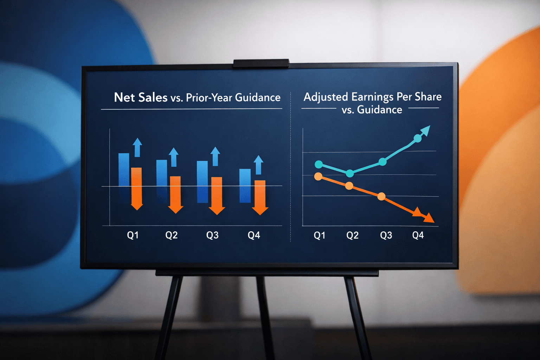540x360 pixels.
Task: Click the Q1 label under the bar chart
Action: [133, 235]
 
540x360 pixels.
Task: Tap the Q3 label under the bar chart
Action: [212, 235]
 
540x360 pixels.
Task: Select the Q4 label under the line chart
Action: [418, 235]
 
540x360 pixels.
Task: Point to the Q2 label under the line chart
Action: [352, 235]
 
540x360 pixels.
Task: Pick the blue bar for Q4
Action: [245, 185]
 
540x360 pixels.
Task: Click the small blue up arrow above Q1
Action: [137, 147]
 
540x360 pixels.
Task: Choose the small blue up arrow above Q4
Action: [258, 165]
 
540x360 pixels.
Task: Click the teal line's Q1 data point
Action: [319, 164]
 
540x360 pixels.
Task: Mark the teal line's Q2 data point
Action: [350, 173]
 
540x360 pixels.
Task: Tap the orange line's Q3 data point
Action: [381, 197]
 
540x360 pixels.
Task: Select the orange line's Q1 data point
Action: [318, 176]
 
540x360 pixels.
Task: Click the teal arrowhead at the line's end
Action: [425, 130]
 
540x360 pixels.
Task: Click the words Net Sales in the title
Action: [141, 97]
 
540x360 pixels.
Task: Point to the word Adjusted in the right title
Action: [326, 97]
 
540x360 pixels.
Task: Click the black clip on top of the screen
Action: [261, 63]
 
